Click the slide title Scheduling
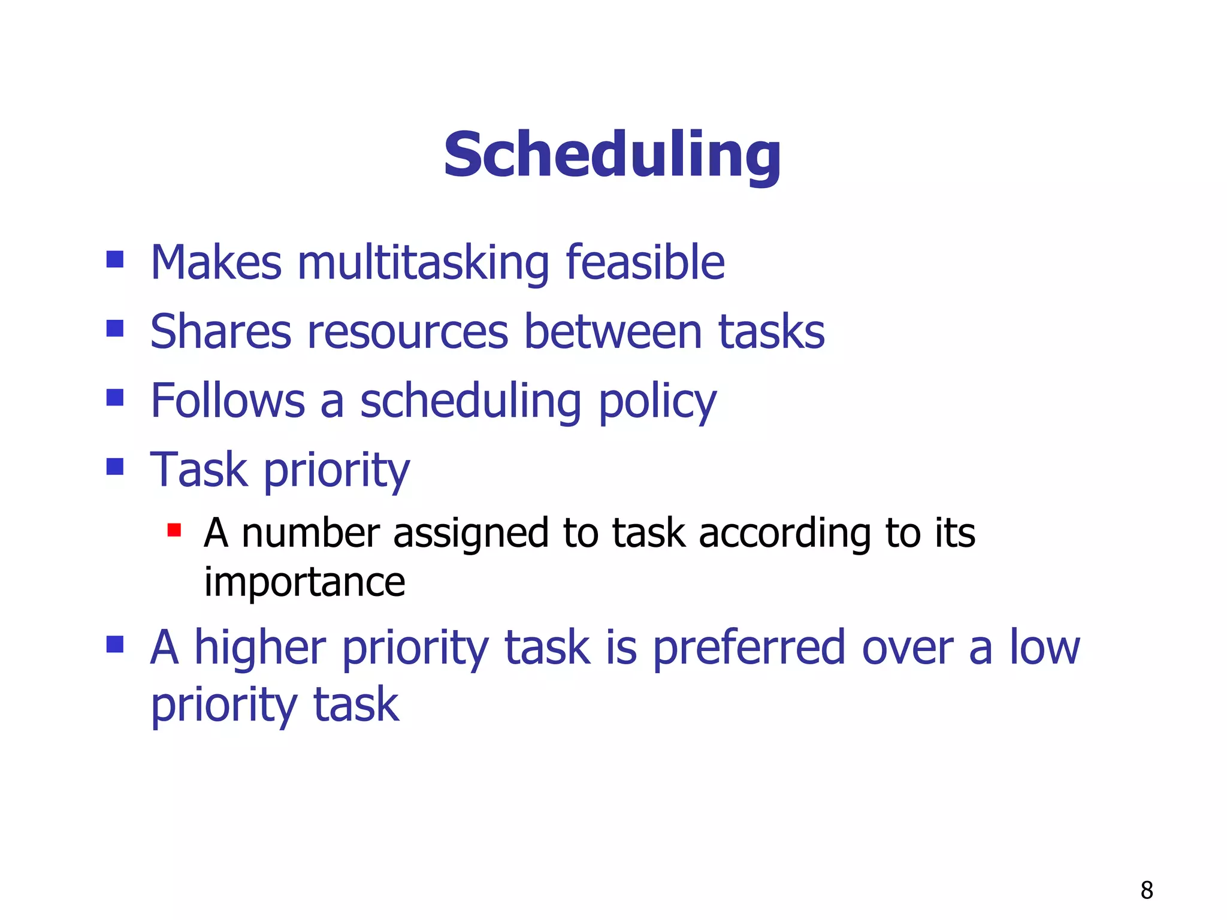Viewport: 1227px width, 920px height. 612,156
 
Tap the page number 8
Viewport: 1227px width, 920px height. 1147,891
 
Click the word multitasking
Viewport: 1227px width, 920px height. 423,264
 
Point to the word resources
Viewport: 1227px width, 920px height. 407,332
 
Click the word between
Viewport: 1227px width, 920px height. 613,332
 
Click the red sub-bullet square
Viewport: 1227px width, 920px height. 174,530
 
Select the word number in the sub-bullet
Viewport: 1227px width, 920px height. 310,533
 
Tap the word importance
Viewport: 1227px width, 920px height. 304,583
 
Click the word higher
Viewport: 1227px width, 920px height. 260,649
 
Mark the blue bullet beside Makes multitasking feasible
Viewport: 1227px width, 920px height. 115,259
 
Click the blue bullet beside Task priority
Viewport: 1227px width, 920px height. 115,467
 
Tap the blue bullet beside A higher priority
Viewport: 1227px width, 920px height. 115,644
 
